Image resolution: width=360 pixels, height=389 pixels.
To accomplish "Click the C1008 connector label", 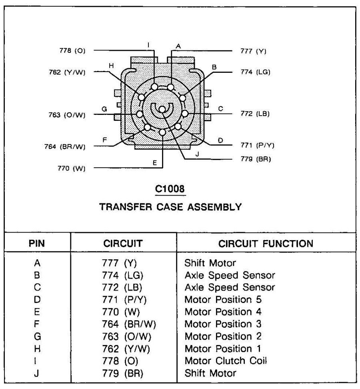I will [x=170, y=189].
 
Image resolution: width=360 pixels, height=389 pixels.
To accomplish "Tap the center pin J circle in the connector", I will [x=162, y=109].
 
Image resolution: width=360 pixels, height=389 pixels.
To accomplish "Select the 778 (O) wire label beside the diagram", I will [x=71, y=51].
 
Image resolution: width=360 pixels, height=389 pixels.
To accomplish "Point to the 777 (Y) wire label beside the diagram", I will [x=253, y=51].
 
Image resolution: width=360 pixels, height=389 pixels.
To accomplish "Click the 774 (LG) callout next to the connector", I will [x=255, y=72].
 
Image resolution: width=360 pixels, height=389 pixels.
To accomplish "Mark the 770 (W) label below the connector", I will [x=72, y=168].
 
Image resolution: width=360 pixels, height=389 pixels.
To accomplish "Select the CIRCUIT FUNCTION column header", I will [x=266, y=243].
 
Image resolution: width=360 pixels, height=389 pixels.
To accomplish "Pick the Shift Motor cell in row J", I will [x=210, y=373].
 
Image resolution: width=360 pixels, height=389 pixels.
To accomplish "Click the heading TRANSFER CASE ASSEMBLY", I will [x=170, y=207].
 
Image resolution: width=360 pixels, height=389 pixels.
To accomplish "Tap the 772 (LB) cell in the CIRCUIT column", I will [x=120, y=287].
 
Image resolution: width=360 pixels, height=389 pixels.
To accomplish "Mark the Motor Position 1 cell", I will [x=220, y=348].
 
